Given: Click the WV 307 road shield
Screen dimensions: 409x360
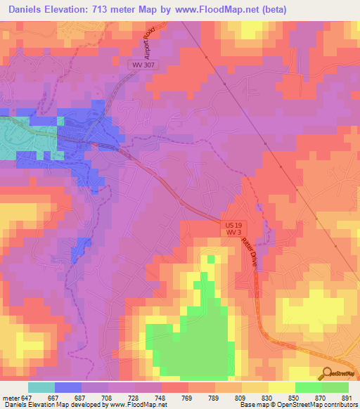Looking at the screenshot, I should coord(143,64).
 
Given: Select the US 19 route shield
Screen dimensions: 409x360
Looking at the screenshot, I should coord(235,225).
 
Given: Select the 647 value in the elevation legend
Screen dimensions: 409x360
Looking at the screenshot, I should coord(28,398).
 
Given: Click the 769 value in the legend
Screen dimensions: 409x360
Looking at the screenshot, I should coord(188,398).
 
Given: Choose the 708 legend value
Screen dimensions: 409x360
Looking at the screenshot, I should coord(108,398).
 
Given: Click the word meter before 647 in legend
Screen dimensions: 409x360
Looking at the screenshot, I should coord(11,398).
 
